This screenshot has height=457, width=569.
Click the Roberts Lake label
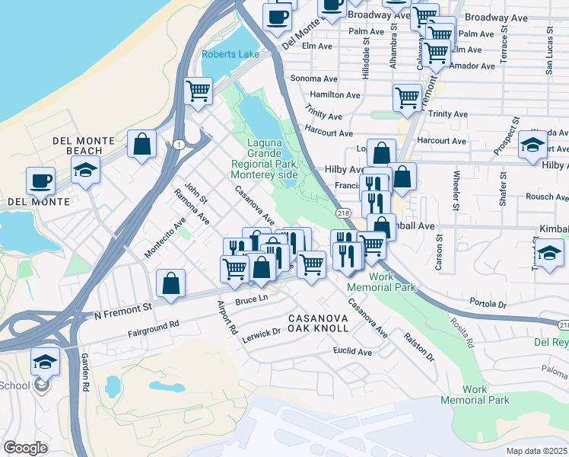coord(230,54)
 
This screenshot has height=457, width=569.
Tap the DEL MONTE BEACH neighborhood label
coord(84,146)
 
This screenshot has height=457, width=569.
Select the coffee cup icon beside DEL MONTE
coord(40,181)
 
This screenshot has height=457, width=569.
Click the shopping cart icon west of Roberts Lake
coord(198,91)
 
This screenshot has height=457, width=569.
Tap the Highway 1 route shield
coord(177,144)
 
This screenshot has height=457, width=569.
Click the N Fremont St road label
coord(122,312)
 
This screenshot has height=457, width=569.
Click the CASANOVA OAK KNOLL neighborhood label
coord(318,322)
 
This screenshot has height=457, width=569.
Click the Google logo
coord(26,447)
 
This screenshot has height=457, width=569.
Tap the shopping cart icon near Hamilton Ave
coord(407,97)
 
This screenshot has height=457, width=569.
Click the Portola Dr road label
coord(488,302)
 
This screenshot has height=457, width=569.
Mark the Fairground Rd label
coord(153,328)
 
